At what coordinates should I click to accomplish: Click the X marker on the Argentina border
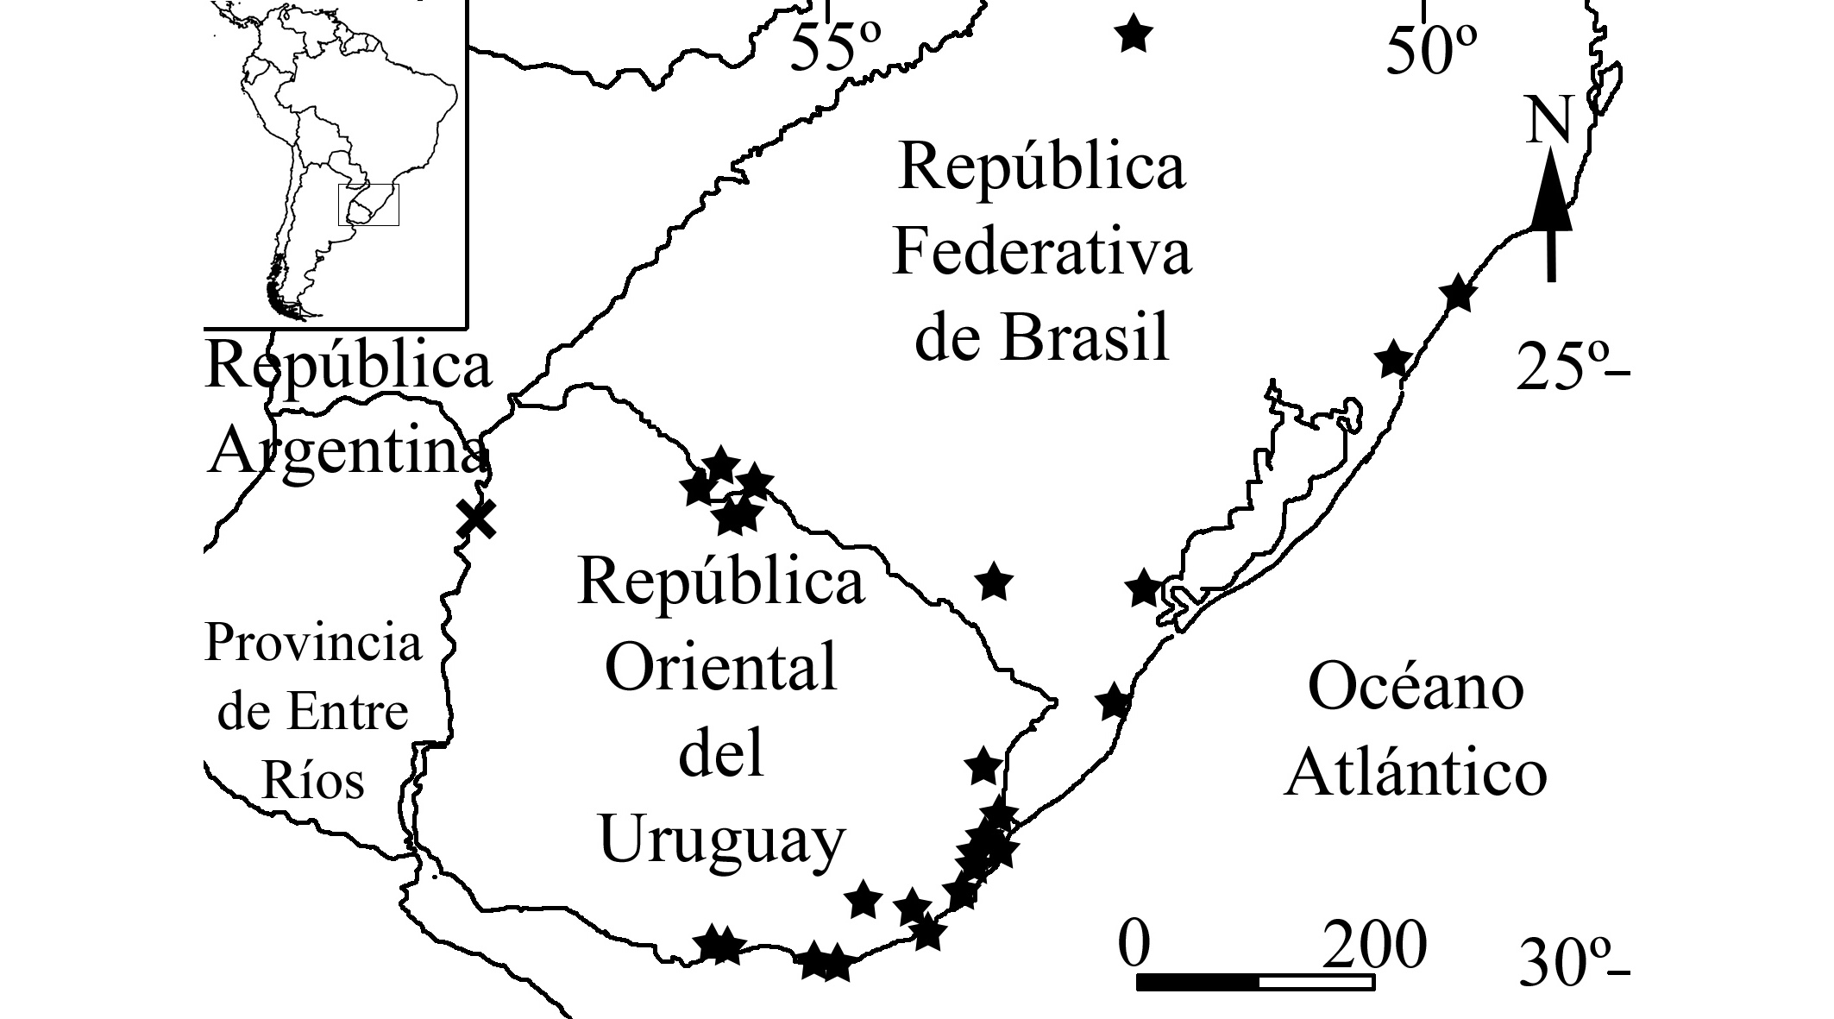click(476, 519)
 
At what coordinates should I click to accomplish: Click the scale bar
click(1255, 982)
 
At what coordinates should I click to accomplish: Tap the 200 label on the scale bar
click(1374, 946)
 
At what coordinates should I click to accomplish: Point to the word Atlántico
click(1416, 772)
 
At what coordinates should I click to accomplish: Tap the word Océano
click(1416, 688)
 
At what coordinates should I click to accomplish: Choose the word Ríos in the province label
click(313, 780)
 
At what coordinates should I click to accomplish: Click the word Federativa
click(1042, 251)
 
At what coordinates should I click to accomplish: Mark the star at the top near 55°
click(1134, 35)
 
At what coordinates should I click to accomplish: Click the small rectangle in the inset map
click(368, 204)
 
